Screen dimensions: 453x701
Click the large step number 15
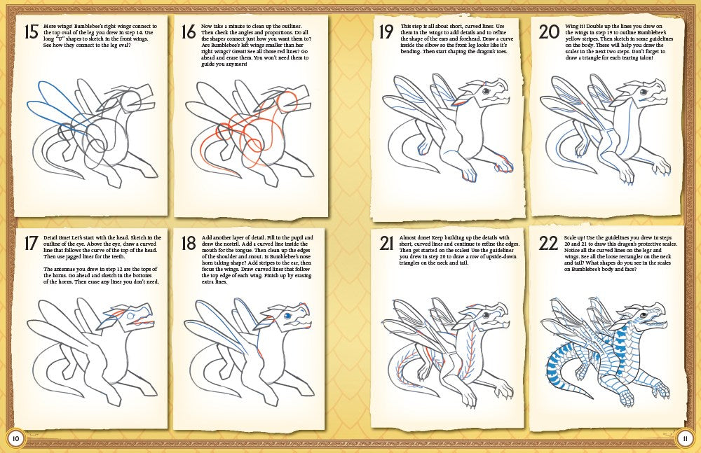tap(29, 32)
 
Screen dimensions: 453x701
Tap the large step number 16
tap(188, 32)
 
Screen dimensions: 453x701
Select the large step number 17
tap(29, 242)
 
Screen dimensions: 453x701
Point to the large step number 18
tap(188, 243)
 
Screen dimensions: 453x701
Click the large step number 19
tap(386, 32)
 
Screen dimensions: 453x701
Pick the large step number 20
tap(548, 32)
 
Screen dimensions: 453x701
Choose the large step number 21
tap(386, 242)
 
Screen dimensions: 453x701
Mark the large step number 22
tap(548, 242)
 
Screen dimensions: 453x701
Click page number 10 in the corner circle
tap(15, 438)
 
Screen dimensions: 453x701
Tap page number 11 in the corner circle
tap(685, 438)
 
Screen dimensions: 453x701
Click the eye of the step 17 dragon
tap(130, 315)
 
